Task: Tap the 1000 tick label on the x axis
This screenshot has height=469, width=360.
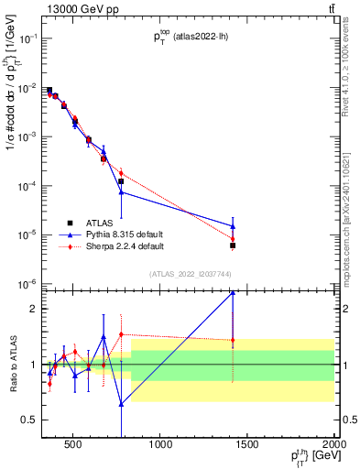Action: tap(160, 445)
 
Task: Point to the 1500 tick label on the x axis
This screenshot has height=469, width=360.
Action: tap(247, 445)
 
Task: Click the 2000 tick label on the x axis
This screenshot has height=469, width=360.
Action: tap(332, 445)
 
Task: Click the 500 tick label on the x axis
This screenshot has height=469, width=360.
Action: tap(74, 445)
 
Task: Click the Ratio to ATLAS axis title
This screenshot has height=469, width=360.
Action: tap(13, 364)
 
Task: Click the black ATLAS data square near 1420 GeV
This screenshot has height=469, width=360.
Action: tap(233, 245)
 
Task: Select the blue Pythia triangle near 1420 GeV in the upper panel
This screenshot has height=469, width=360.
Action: tap(233, 226)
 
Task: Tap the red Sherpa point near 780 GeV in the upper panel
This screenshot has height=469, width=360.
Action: tap(121, 173)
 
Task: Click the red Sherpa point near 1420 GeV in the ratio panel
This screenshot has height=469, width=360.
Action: tap(233, 341)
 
